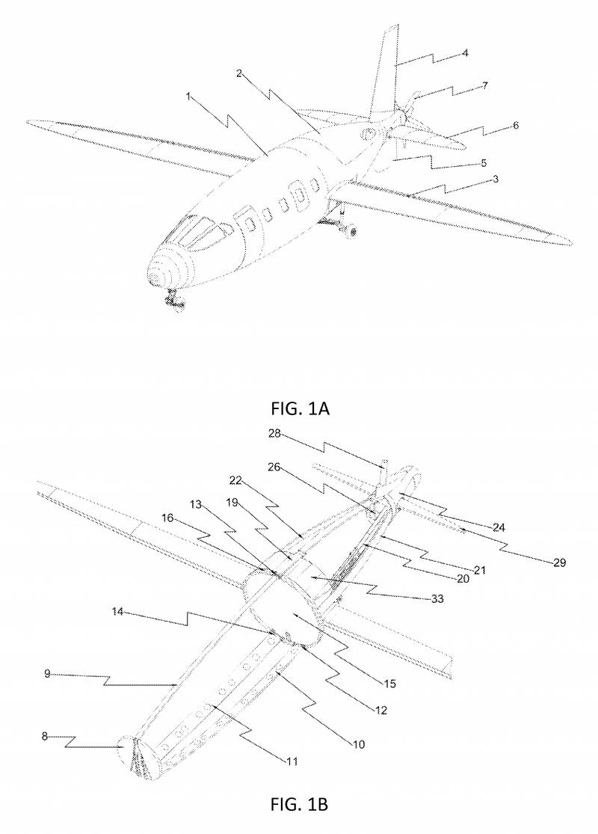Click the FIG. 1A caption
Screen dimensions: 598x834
click(x=300, y=408)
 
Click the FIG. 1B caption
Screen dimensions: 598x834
click(x=299, y=804)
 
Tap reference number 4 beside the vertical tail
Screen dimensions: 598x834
click(x=465, y=52)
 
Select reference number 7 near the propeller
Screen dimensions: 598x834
click(x=485, y=85)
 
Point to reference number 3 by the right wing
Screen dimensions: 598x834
click(x=496, y=179)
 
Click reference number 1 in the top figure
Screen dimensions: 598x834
click(x=188, y=96)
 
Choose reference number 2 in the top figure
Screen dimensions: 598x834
click(x=239, y=73)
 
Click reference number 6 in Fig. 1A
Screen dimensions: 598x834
click(x=515, y=126)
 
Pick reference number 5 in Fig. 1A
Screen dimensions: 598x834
click(x=483, y=163)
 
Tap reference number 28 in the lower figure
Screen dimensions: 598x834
click(x=274, y=435)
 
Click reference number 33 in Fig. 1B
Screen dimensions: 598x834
click(x=437, y=599)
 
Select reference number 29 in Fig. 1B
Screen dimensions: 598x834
click(x=559, y=562)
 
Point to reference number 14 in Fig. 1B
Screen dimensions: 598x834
click(x=117, y=612)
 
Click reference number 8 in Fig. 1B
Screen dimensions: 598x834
click(x=45, y=737)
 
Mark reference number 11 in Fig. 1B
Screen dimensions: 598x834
click(x=292, y=761)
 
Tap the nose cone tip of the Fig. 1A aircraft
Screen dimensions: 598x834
click(x=155, y=278)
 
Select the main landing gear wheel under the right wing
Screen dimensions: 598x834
click(x=351, y=230)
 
